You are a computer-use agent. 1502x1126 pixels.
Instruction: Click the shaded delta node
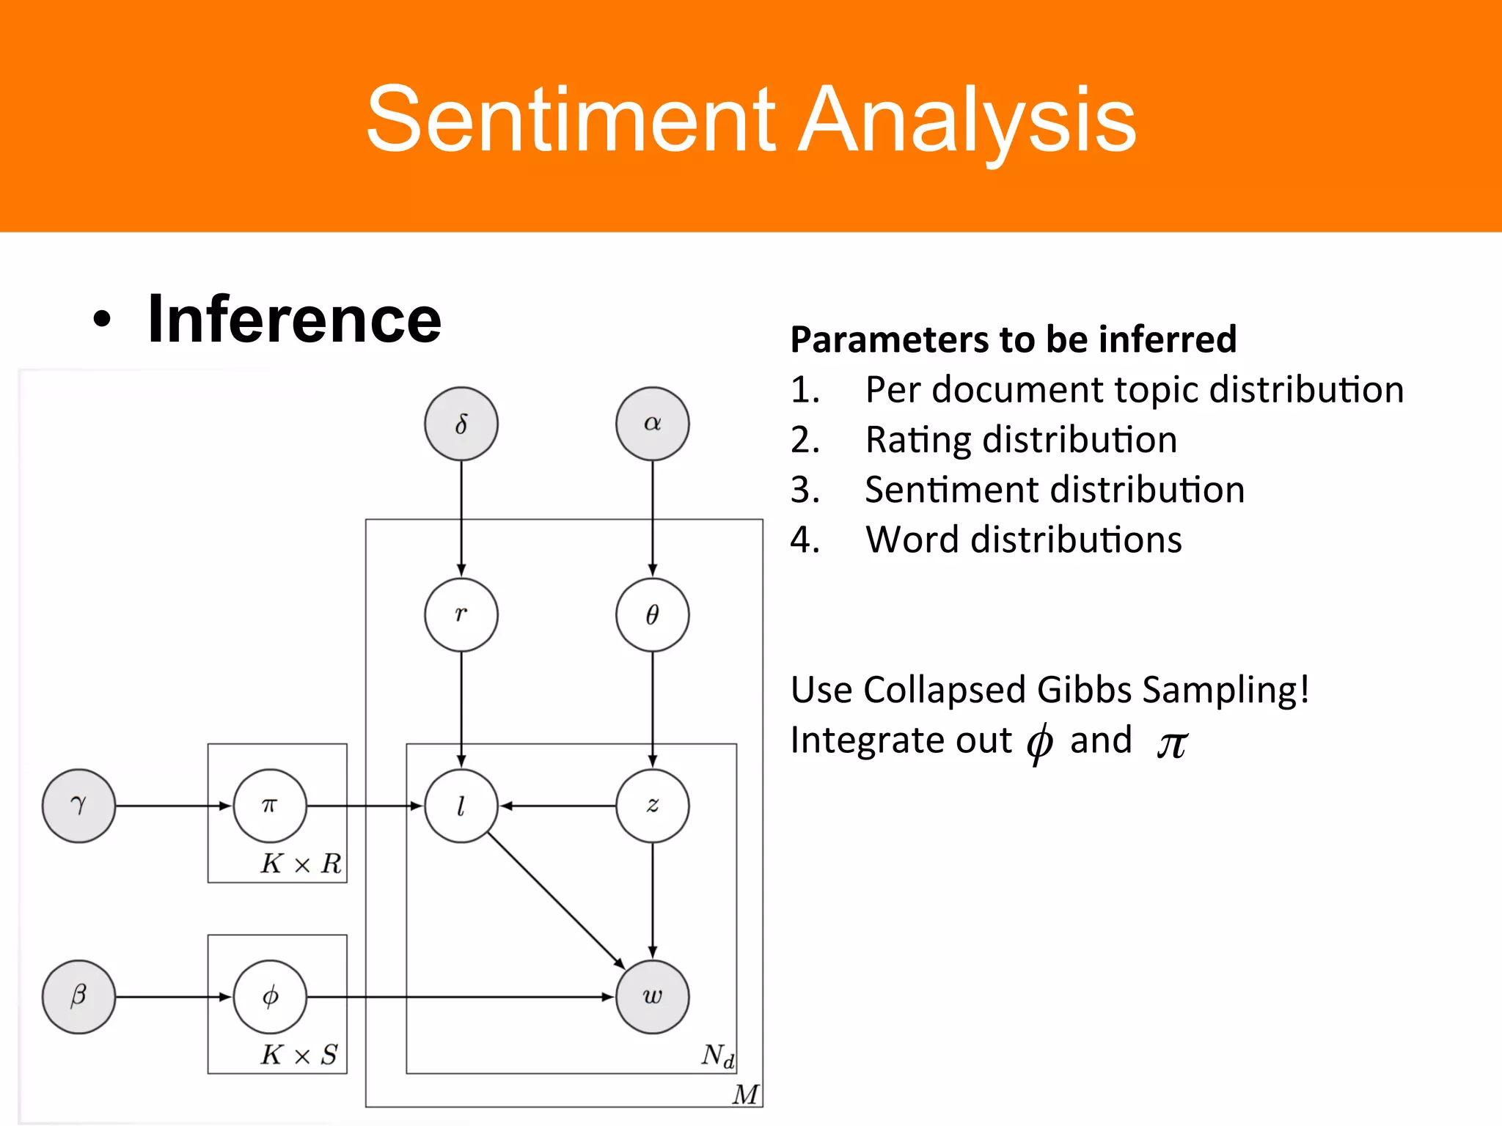[x=461, y=424]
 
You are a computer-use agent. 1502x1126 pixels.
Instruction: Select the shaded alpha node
[x=652, y=424]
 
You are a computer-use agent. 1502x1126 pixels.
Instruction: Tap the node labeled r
[x=461, y=614]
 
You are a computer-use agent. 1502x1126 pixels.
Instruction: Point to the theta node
[x=652, y=614]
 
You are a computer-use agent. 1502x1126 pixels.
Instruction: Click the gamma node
[x=78, y=806]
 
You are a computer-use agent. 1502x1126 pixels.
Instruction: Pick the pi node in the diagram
[x=270, y=806]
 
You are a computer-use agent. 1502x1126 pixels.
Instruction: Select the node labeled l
[x=461, y=806]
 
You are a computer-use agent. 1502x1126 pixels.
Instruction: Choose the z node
[x=652, y=806]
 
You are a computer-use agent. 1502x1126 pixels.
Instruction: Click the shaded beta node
[x=78, y=996]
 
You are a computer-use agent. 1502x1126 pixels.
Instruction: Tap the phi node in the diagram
[x=270, y=996]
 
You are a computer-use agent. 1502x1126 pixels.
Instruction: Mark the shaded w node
[x=652, y=996]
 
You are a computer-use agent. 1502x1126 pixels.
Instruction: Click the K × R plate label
[x=301, y=864]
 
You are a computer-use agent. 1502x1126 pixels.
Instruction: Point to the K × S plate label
[x=299, y=1055]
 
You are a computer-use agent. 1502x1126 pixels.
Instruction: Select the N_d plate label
[x=717, y=1056]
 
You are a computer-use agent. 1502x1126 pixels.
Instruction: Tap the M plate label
[x=745, y=1094]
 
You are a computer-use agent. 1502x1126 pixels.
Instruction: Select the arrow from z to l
[x=557, y=806]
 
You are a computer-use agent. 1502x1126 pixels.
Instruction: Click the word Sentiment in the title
[x=571, y=119]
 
